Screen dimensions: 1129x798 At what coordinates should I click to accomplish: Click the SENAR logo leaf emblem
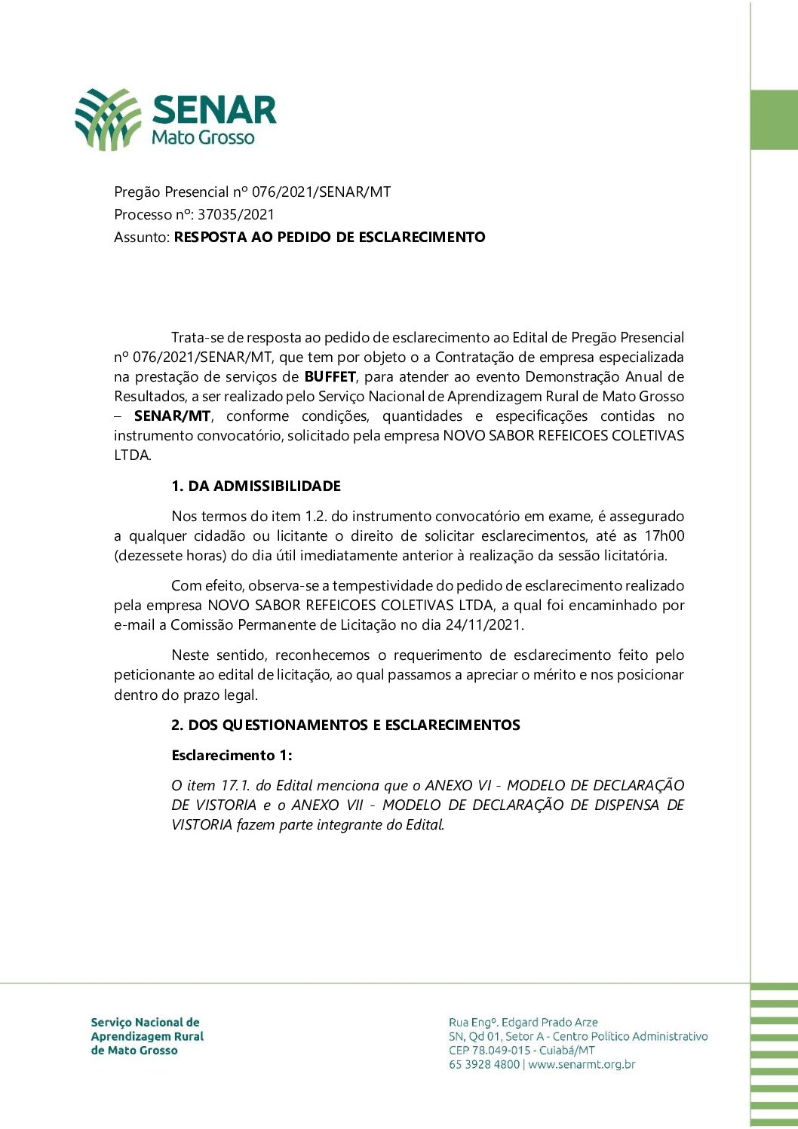click(x=108, y=119)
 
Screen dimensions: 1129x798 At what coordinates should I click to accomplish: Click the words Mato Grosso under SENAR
click(x=203, y=137)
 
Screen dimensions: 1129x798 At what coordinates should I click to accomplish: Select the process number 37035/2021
click(x=236, y=214)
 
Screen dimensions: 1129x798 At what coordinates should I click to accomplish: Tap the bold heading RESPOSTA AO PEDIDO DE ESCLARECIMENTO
click(x=330, y=237)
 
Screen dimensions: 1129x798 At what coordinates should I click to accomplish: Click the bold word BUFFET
click(x=330, y=376)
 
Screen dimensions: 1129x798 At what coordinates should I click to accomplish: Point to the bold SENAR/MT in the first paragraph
click(x=172, y=416)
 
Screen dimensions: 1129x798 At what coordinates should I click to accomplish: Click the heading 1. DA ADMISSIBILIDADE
click(x=256, y=486)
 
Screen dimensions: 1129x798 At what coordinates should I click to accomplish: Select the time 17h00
click(x=664, y=535)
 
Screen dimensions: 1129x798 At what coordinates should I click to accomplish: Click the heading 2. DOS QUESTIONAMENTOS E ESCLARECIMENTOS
click(x=345, y=725)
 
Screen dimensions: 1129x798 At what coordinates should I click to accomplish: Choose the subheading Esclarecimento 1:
click(x=232, y=755)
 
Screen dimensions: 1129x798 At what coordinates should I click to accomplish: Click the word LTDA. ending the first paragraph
click(x=133, y=455)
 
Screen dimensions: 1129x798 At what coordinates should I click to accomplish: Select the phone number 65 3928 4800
click(x=484, y=1064)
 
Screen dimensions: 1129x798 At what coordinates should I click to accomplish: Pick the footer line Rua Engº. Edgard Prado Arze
click(x=523, y=1022)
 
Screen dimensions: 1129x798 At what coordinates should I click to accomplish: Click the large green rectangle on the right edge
click(x=774, y=120)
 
